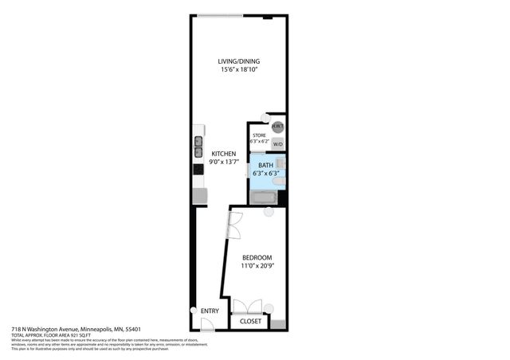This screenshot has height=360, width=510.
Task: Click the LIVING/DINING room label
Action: click(240, 61)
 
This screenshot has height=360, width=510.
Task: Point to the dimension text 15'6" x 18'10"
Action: click(240, 70)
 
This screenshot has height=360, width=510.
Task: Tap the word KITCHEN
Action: click(223, 154)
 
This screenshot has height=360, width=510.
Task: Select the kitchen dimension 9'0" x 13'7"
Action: click(224, 162)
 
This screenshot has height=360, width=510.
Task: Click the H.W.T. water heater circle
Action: click(277, 127)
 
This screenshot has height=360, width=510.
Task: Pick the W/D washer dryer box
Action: click(277, 144)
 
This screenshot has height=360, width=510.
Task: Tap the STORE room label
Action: click(259, 136)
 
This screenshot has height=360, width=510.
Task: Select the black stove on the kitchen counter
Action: click(198, 168)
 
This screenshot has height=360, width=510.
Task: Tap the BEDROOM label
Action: click(257, 257)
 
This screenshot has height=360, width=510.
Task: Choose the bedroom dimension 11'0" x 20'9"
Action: click(257, 266)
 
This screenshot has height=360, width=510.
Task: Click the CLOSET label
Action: click(250, 322)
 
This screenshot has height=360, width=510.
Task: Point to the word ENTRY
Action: click(210, 311)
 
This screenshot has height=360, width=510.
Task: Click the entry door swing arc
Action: click(206, 324)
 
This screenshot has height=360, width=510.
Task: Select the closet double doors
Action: click(246, 307)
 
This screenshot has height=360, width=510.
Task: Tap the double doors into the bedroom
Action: click(234, 224)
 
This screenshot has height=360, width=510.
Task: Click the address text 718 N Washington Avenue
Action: click(76, 329)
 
